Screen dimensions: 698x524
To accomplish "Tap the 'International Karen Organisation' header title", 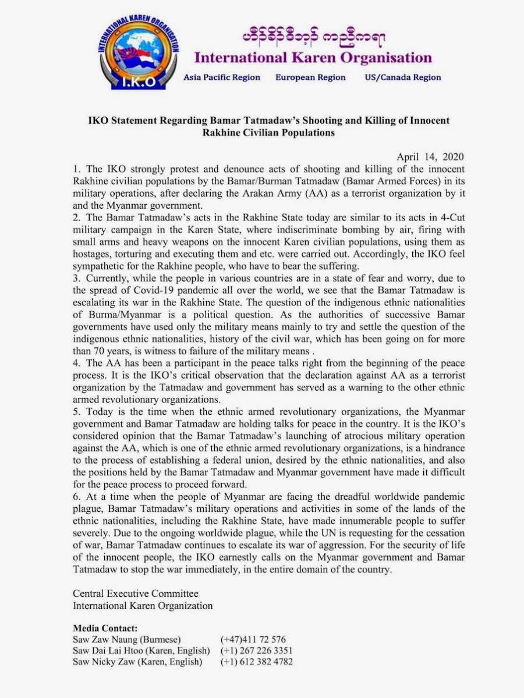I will coord(313,58).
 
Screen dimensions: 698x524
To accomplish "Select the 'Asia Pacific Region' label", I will coord(222,77).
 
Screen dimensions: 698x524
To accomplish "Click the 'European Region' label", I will coord(310,77).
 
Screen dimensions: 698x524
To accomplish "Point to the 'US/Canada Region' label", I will coord(403,77).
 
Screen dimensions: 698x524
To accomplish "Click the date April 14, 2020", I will coord(427,157).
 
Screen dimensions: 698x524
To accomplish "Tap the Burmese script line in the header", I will coord(313,38).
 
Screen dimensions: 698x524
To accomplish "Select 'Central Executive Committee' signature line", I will coord(136,594).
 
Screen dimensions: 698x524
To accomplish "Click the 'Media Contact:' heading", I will coord(105,628).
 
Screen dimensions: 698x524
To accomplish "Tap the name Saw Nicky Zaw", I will coord(108,662).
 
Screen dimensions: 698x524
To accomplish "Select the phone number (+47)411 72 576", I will coord(253,639).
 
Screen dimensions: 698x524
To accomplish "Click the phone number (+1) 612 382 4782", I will coord(257,662).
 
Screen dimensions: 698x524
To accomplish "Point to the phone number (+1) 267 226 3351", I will coord(257,650).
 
